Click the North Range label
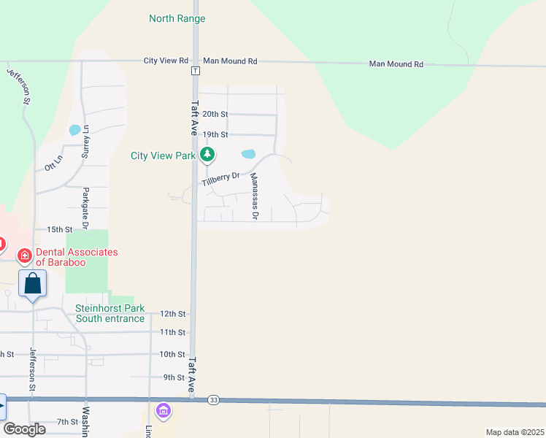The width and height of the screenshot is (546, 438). pyautogui.click(x=177, y=18)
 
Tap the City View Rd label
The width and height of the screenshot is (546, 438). pyautogui.click(x=166, y=61)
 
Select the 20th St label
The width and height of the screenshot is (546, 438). pyautogui.click(x=215, y=115)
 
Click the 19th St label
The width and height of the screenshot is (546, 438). pyautogui.click(x=215, y=135)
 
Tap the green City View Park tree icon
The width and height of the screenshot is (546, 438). pyautogui.click(x=207, y=154)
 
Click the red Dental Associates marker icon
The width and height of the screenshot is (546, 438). pyautogui.click(x=25, y=255)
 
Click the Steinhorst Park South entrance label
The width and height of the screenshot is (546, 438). pyautogui.click(x=109, y=313)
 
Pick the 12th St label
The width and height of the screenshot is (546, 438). pyautogui.click(x=173, y=314)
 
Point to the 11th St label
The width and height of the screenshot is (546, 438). pyautogui.click(x=173, y=333)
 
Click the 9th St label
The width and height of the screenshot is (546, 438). pyautogui.click(x=174, y=377)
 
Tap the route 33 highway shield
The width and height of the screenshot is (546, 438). pyautogui.click(x=213, y=400)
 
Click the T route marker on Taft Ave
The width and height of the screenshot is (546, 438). pyautogui.click(x=195, y=71)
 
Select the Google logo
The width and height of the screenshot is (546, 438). pyautogui.click(x=24, y=429)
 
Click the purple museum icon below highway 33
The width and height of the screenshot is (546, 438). pyautogui.click(x=163, y=412)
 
